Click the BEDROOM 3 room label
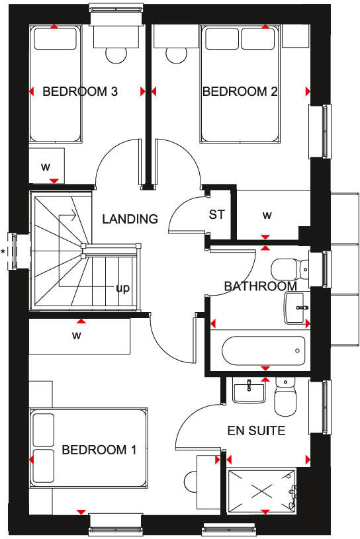click(x=80, y=92)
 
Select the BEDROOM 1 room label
click(x=99, y=450)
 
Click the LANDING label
click(x=130, y=219)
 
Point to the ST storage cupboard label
click(x=216, y=214)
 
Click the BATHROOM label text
click(x=259, y=286)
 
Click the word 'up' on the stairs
click(x=122, y=288)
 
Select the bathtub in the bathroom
click(x=263, y=351)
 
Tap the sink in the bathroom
click(x=296, y=308)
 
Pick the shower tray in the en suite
click(x=262, y=489)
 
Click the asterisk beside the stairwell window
click(x=4, y=251)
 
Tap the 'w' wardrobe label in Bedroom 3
click(x=46, y=167)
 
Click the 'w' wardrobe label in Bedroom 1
click(x=77, y=335)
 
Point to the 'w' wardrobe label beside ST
click(x=267, y=215)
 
